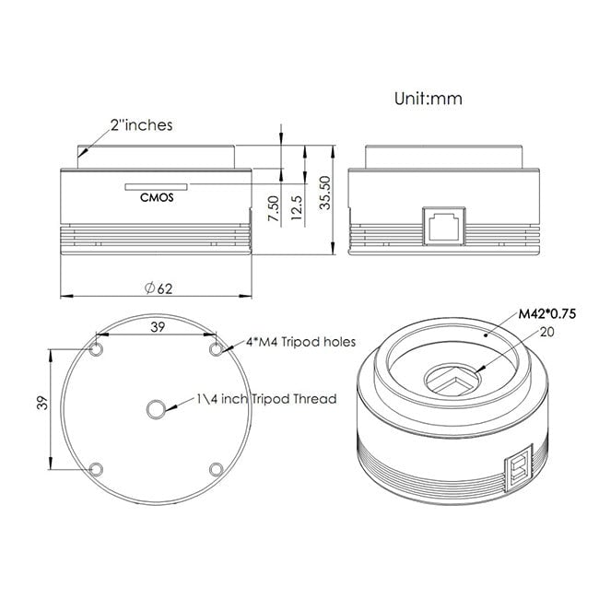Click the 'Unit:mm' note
pyautogui.click(x=429, y=99)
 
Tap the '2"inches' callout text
pyautogui.click(x=142, y=125)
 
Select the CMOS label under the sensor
pyautogui.click(x=157, y=197)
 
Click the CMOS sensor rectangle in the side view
pyautogui.click(x=157, y=187)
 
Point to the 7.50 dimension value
pyautogui.click(x=274, y=208)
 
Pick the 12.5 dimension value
pyautogui.click(x=297, y=207)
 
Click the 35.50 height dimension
pyautogui.click(x=324, y=193)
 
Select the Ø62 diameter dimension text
pyautogui.click(x=159, y=288)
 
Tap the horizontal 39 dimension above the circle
pyautogui.click(x=158, y=327)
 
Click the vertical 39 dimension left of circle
pyautogui.click(x=42, y=403)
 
